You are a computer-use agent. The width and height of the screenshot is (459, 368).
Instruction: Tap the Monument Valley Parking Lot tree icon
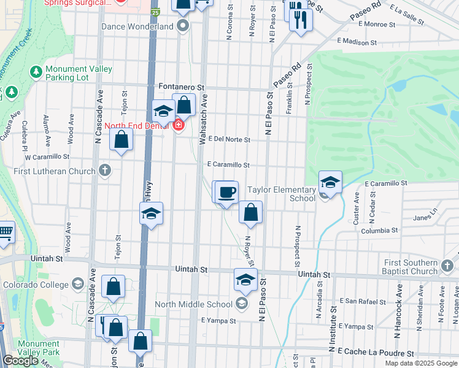[x=36, y=72]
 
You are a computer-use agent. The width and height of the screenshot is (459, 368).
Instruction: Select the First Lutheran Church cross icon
[x=105, y=170]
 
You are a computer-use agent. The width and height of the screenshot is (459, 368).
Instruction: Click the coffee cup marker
[x=226, y=192]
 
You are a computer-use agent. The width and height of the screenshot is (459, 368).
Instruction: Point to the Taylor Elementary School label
[x=280, y=194]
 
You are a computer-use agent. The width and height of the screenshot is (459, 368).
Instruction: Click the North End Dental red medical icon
[x=179, y=126]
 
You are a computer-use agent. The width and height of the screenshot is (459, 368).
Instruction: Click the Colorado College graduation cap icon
[x=78, y=284]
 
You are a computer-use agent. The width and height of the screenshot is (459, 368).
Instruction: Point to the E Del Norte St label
[x=229, y=140]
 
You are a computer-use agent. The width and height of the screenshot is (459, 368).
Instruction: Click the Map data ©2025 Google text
[x=421, y=363]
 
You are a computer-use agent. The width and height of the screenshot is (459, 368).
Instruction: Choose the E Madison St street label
[x=357, y=42]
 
